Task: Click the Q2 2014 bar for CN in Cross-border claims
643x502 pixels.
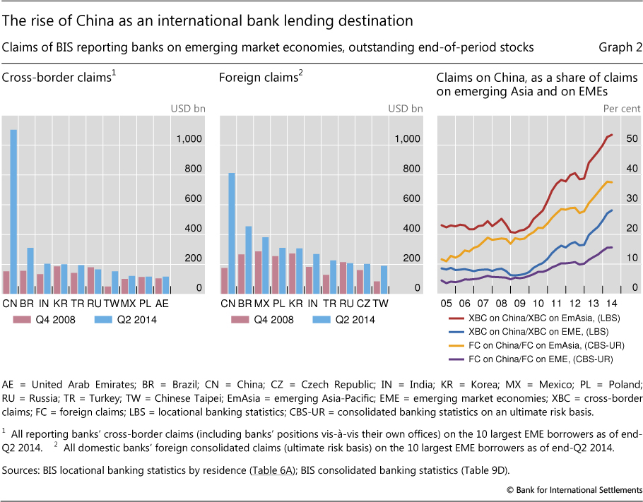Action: tap(13, 211)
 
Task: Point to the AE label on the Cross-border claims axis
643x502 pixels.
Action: tap(163, 304)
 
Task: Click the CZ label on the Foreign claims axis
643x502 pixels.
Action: tap(363, 304)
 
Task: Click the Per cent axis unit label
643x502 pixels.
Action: tap(620, 109)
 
